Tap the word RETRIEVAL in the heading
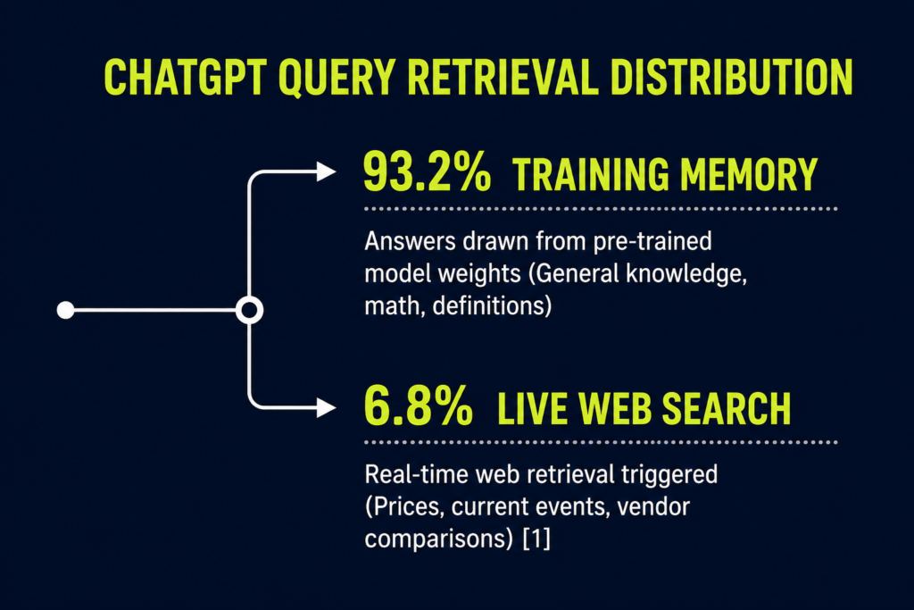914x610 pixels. (503, 77)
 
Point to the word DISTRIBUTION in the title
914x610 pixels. (732, 77)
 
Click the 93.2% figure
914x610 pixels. (427, 172)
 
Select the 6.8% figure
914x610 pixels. (418, 405)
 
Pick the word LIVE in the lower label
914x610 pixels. (532, 408)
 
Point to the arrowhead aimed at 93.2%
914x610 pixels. (326, 171)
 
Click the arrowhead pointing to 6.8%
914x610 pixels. (326, 407)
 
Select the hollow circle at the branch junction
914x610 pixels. (250, 297)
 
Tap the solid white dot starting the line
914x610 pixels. (65, 310)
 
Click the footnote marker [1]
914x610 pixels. (536, 539)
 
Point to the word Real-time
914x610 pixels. (416, 474)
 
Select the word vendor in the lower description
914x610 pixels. (653, 506)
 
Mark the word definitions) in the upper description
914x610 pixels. (492, 305)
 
